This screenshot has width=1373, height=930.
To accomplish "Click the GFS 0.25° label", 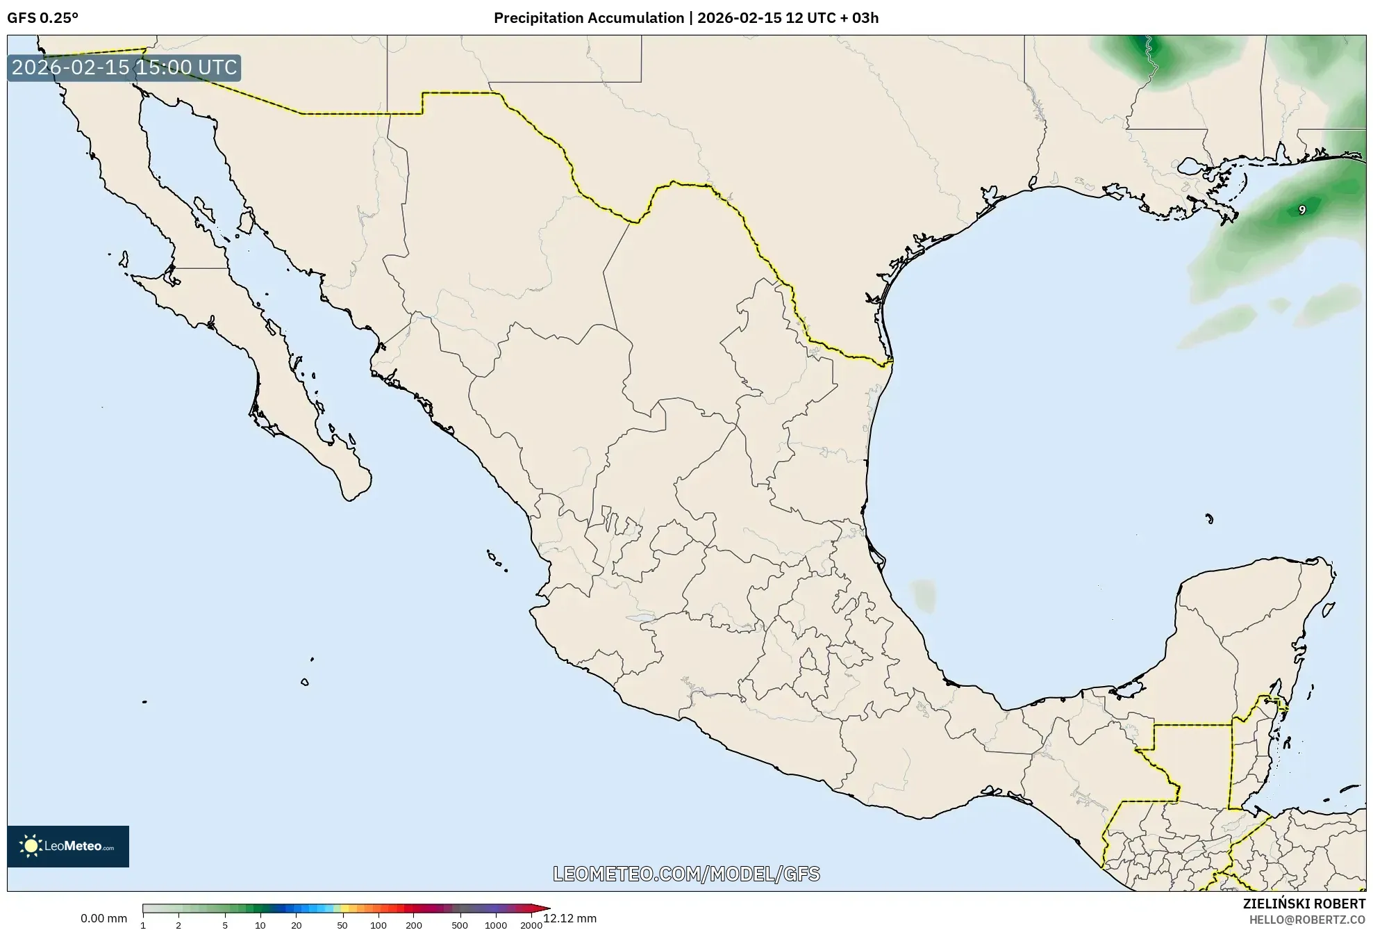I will (42, 18).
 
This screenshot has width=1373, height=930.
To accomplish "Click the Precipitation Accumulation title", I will (685, 18).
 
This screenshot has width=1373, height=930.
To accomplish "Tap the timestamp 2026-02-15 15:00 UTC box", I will (124, 68).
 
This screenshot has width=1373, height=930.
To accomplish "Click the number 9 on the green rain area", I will (1301, 210).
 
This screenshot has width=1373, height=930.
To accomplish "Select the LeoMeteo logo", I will (68, 846).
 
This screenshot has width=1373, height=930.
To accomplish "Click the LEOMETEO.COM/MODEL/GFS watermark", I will (686, 874).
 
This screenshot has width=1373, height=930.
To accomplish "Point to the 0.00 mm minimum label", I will (103, 918).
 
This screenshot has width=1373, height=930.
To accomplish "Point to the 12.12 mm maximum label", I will (569, 918).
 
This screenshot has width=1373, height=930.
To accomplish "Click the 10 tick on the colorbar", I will (260, 925).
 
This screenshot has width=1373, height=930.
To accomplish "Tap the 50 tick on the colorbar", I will (342, 925).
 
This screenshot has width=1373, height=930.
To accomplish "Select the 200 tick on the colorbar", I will (413, 925).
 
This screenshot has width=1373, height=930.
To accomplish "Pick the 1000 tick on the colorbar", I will (495, 925).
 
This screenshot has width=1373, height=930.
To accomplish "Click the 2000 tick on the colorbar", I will (531, 925).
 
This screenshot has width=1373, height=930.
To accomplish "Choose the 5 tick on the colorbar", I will (225, 925).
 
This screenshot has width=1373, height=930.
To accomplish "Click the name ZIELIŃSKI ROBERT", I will (1304, 904).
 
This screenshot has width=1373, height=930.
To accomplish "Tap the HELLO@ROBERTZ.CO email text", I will (1307, 920).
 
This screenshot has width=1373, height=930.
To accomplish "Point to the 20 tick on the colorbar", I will (296, 925).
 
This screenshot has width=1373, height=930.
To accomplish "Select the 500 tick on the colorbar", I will (459, 925).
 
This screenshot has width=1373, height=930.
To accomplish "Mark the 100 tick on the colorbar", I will (378, 925).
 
